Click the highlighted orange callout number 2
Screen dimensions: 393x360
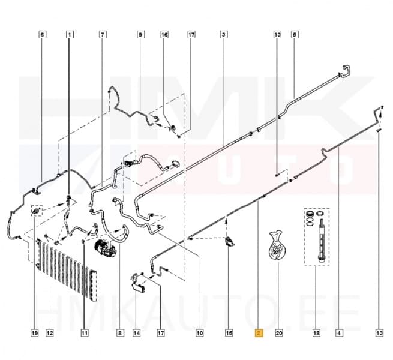(x=259, y=333)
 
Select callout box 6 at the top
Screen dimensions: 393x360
(x=42, y=34)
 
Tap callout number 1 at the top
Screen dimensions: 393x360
(x=70, y=34)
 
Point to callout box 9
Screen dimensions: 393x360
(x=140, y=34)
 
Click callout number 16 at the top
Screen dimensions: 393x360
(x=164, y=34)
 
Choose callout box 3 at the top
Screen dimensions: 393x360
(x=224, y=34)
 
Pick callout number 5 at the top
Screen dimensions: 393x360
(x=295, y=34)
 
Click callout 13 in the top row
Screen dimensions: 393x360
(x=277, y=34)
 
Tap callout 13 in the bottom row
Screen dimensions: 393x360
(x=379, y=333)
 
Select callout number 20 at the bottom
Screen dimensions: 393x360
(x=279, y=333)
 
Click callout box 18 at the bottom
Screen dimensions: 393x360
(x=316, y=333)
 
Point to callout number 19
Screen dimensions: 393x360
(x=35, y=333)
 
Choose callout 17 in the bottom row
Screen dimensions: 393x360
(x=161, y=333)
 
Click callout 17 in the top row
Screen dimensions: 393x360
(x=191, y=34)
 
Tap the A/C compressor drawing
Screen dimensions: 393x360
(x=105, y=248)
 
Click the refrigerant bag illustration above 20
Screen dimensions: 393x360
(x=277, y=245)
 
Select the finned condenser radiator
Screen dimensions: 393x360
(x=67, y=268)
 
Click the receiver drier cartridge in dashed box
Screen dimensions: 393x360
(x=322, y=241)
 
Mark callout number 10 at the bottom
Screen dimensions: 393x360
(x=200, y=333)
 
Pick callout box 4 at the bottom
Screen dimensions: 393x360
(x=339, y=333)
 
